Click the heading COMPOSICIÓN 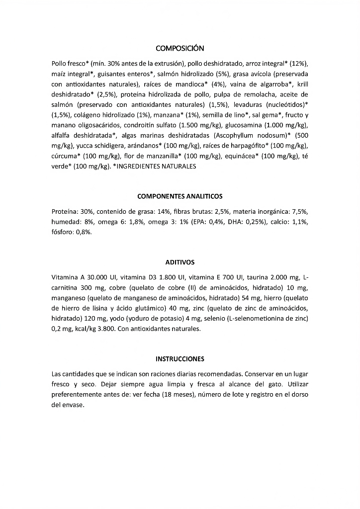[180, 48]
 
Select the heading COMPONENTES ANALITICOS [180, 196]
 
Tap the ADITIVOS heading [180, 262]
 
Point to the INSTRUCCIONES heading [180, 358]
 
